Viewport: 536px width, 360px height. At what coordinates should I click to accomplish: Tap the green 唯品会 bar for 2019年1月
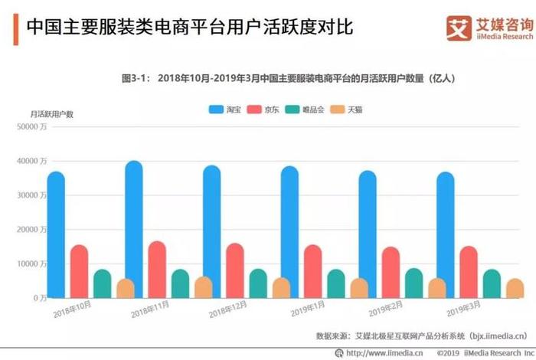[336, 283]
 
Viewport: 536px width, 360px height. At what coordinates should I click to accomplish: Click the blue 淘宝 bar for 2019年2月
[368, 234]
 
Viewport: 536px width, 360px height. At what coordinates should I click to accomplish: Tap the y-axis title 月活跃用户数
[52, 114]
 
